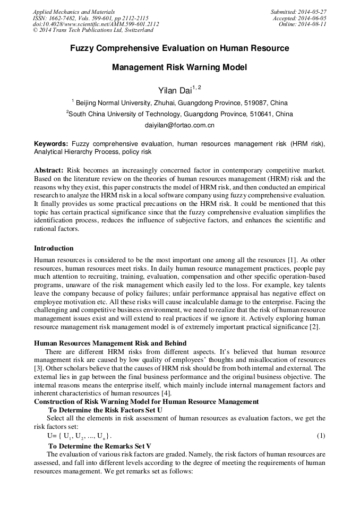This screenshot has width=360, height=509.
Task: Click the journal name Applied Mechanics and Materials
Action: [74, 12]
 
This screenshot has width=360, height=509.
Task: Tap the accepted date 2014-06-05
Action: [313, 18]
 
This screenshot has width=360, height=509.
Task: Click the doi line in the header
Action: [96, 24]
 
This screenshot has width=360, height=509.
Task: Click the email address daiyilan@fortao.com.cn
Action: [179, 126]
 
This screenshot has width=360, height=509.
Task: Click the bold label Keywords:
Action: [51, 144]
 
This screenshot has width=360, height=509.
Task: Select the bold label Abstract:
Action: [49, 170]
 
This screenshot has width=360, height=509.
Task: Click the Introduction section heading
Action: [54, 248]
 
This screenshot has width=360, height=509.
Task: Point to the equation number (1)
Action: [321, 436]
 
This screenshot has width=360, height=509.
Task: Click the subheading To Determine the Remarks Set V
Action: [100, 446]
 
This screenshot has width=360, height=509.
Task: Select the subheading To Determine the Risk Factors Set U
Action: [105, 410]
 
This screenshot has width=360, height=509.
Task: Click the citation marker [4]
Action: [166, 393]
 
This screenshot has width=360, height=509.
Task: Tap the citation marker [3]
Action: [38, 368]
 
